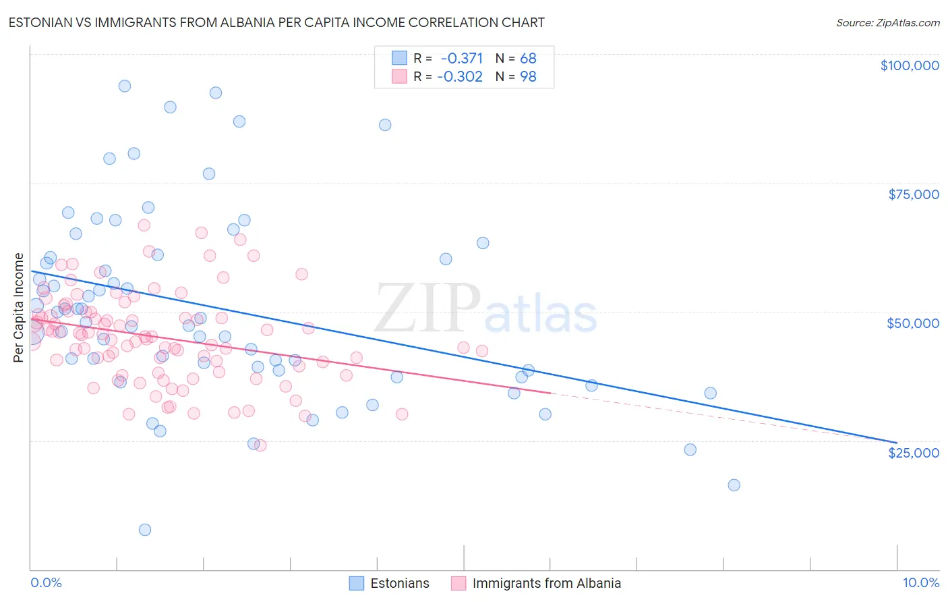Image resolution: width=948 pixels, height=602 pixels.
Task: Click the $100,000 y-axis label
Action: (909, 65)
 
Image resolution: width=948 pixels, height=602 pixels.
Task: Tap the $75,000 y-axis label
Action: (913, 194)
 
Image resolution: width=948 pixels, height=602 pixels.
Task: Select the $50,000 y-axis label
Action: (912, 323)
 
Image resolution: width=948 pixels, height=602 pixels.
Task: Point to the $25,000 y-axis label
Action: (913, 453)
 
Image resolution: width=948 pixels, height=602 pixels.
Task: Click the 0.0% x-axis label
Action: (46, 582)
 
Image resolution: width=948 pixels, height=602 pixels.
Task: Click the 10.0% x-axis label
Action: (920, 582)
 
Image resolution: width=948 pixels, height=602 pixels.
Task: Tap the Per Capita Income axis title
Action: (19, 307)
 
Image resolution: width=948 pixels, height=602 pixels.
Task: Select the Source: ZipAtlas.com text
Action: (887, 22)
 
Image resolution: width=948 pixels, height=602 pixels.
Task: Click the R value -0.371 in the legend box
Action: (461, 59)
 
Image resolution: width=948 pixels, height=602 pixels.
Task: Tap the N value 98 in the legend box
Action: (528, 77)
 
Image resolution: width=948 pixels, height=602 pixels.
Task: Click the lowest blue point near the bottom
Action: (145, 530)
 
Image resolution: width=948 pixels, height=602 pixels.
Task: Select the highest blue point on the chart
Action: (125, 86)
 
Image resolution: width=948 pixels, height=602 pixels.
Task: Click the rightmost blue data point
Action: (734, 485)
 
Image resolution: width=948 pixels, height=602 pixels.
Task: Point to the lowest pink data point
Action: (260, 445)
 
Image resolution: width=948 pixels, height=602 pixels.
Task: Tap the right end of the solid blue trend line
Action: (896, 442)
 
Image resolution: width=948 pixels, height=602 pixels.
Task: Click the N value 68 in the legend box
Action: (528, 59)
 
